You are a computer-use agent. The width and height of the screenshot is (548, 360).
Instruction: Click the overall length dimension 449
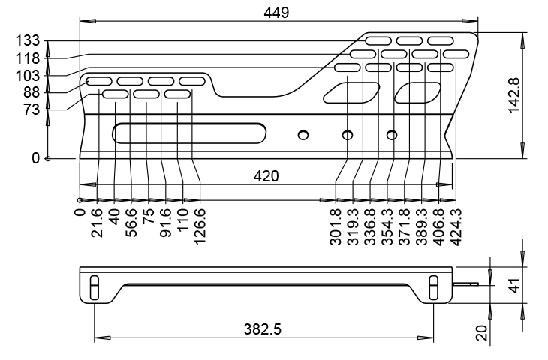tap(276, 13)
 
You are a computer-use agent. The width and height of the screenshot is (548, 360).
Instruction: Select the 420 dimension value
tap(266, 176)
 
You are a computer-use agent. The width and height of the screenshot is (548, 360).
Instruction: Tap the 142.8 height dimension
tap(514, 95)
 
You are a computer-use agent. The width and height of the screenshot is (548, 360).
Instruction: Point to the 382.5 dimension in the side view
tap(262, 329)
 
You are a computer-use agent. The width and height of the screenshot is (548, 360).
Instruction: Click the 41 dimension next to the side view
tap(515, 285)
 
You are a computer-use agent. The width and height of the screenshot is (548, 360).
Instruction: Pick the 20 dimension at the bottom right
tap(482, 332)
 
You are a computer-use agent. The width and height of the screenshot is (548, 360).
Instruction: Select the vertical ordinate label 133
tap(28, 40)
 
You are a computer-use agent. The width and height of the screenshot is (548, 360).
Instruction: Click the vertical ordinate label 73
tap(32, 110)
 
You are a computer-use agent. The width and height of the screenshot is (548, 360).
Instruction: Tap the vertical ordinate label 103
tap(28, 76)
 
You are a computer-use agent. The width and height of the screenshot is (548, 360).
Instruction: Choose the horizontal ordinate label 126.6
tap(200, 226)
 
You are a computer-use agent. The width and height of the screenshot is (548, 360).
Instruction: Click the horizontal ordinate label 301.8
tap(336, 226)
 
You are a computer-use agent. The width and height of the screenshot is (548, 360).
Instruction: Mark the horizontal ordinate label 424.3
tap(456, 226)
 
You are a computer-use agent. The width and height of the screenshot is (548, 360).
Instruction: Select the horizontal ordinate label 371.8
tap(405, 226)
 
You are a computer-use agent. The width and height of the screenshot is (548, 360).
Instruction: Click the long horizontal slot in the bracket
tap(189, 133)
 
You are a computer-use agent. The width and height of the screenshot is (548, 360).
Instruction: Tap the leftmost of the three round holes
tap(303, 135)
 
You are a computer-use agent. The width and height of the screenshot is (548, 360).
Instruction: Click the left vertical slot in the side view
tap(95, 287)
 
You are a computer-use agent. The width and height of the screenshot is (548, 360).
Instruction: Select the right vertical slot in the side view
tap(433, 287)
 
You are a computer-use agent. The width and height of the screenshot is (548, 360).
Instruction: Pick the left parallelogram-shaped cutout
tap(351, 92)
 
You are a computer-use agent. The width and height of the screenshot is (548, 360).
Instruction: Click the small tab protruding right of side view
tap(465, 284)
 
